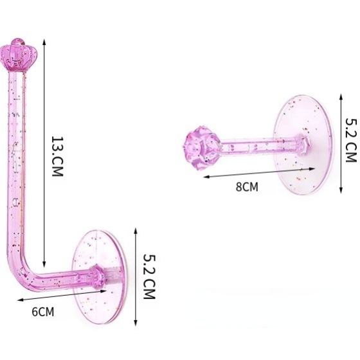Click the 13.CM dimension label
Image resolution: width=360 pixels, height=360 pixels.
(x=57, y=156)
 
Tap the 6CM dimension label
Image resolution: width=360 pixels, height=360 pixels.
(x=43, y=312)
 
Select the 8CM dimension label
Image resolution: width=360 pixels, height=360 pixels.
(x=247, y=186)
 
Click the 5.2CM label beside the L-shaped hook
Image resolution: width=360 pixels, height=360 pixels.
(x=149, y=276)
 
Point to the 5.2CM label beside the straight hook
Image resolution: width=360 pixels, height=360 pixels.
(x=351, y=140)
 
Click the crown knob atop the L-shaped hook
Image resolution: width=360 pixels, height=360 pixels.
(x=19, y=55)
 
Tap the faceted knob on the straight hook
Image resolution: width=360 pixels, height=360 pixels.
(x=203, y=148)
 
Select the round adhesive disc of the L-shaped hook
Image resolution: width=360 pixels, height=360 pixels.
(x=99, y=277)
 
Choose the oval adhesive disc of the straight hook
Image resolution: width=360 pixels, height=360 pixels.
(x=303, y=145)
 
